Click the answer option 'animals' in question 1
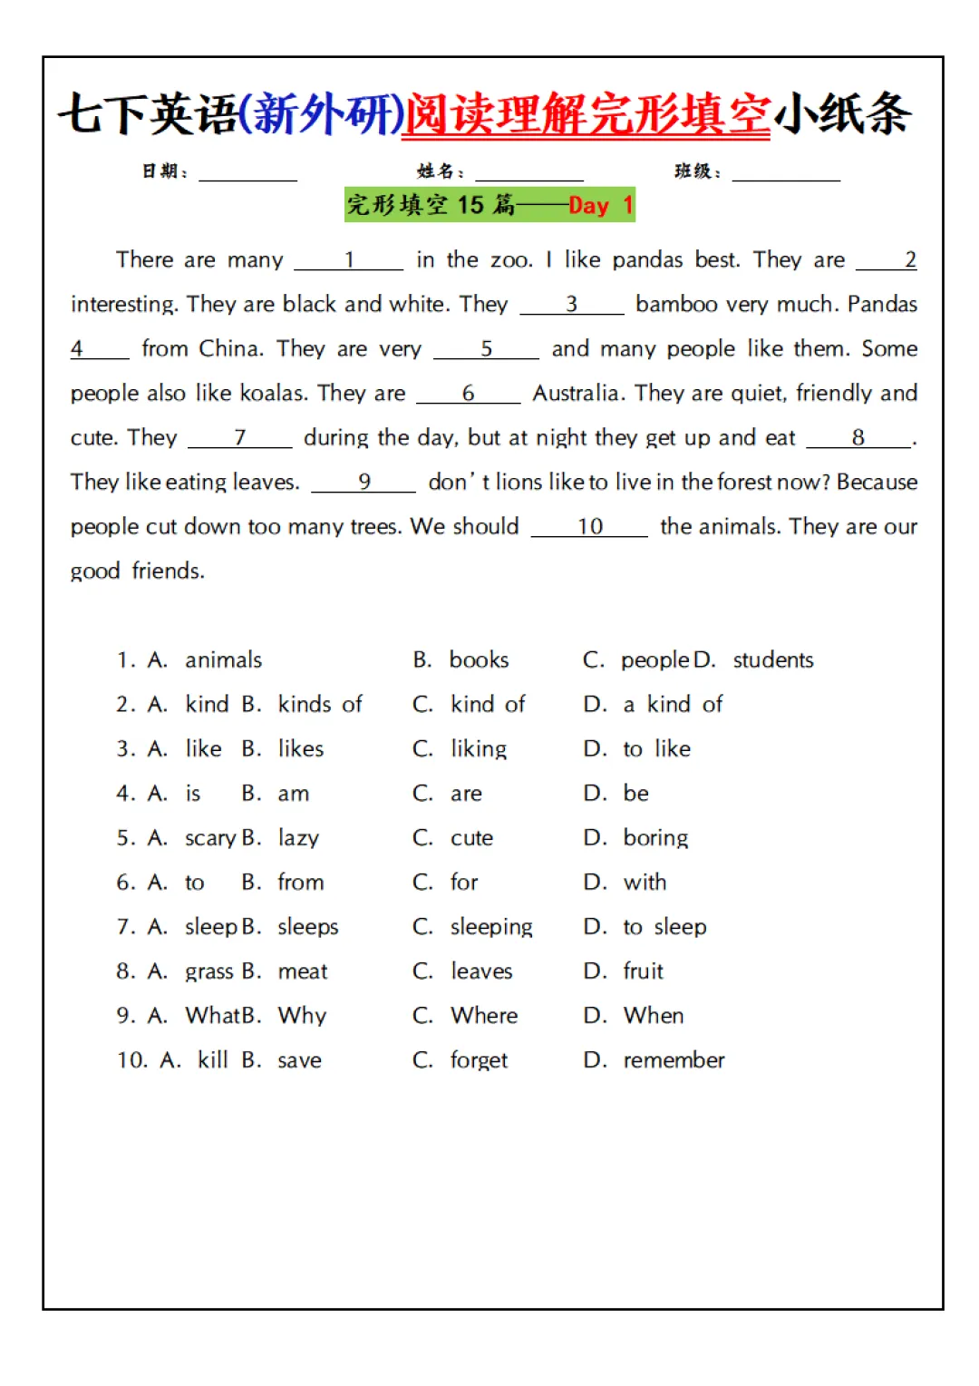tap(223, 660)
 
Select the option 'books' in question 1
tap(479, 660)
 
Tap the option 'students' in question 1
tap(772, 660)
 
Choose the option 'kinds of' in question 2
tap(319, 705)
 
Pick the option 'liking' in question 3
tap(479, 749)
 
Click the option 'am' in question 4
tap(293, 794)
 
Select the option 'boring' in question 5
tap(655, 838)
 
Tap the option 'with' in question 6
tap(645, 883)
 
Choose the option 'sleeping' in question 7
tap(491, 927)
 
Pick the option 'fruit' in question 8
tap(643, 971)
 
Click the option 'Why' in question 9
tap(302, 1016)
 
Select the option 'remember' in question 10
tap(674, 1060)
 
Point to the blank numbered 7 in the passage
tap(240, 439)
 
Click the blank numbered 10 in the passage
tap(589, 528)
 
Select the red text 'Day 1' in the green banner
tap(600, 206)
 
